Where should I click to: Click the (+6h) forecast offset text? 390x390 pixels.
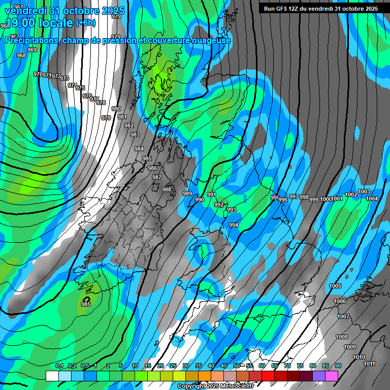tap(85, 22)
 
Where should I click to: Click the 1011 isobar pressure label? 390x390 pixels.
tap(370, 364)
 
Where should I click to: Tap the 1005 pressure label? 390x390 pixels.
tap(335, 286)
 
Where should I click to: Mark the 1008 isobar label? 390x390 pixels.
tap(342, 337)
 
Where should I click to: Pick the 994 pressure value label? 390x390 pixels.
tap(234, 225)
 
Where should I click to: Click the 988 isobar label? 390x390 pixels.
tap(167, 189)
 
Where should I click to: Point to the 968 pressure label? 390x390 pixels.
tap(21, 55)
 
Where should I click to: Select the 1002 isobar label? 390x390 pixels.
tap(351, 194)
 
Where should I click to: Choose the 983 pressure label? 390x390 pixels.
tap(135, 135)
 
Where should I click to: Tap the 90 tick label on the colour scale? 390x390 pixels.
tap(338, 366)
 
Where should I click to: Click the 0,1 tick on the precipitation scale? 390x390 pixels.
tap(59, 366)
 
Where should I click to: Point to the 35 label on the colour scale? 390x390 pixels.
tap(198, 366)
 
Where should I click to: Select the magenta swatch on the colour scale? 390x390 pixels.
tap(332, 376)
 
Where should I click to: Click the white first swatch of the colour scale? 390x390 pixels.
tap(52, 376)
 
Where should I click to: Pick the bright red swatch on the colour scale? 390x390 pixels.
tap(268, 376)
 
